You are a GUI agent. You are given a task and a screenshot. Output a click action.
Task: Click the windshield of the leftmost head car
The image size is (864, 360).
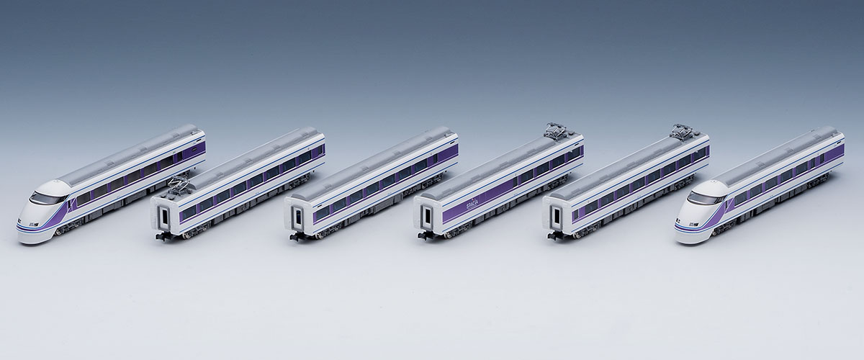[x=46, y=197]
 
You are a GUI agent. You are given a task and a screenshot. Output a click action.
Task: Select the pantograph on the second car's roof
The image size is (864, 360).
[x=179, y=186]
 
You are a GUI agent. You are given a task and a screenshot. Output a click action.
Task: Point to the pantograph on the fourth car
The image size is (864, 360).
[x=555, y=131]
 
